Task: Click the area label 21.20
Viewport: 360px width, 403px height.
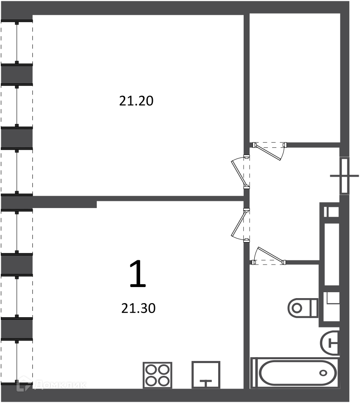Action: [x=136, y=101]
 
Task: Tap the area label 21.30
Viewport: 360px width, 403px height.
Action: [x=138, y=308]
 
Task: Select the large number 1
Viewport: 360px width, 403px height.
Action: [x=138, y=273]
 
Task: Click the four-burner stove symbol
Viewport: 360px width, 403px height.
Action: [x=157, y=375]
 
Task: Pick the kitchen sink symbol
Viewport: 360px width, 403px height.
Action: [x=206, y=375]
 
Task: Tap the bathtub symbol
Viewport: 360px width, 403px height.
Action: [x=295, y=372]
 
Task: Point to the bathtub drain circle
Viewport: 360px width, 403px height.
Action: [x=323, y=373]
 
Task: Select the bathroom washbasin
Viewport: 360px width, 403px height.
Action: [x=330, y=343]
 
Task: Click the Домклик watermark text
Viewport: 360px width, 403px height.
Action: [x=61, y=385]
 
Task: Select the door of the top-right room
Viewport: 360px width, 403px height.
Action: [x=269, y=151]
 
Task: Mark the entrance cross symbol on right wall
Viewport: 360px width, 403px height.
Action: [x=344, y=176]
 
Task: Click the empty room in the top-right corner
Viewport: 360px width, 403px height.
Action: [x=295, y=78]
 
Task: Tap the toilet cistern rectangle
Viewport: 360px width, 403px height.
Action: [x=315, y=308]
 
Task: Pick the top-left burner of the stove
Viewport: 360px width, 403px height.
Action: [x=151, y=369]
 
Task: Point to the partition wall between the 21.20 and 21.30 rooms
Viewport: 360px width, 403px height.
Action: [x=138, y=198]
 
